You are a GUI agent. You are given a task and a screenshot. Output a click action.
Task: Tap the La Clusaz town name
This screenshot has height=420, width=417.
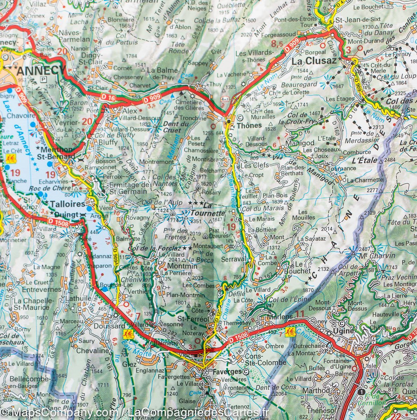[314, 61]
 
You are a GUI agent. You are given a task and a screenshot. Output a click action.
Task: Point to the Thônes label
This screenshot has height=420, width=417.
[249, 125]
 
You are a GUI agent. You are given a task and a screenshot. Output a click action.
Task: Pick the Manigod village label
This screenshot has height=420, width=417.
[300, 143]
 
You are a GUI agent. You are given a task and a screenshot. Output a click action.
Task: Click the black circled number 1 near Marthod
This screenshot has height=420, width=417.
[361, 392]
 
